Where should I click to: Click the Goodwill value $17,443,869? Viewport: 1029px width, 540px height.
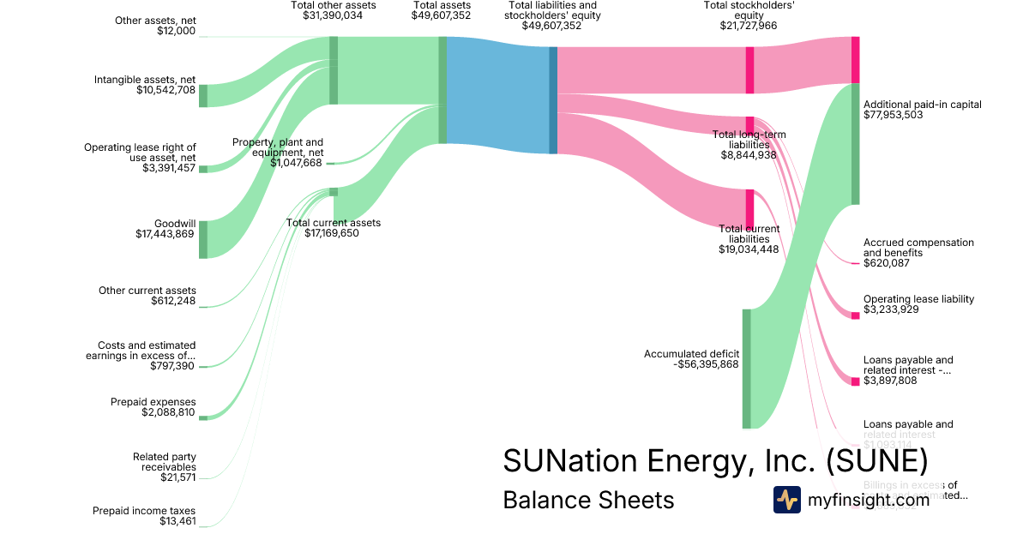tap(165, 233)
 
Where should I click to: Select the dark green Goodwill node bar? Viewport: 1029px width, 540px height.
tap(203, 239)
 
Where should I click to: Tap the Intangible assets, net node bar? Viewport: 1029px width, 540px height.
tap(203, 96)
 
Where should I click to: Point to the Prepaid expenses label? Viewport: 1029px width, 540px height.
tap(153, 402)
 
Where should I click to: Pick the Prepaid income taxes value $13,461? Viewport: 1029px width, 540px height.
tap(178, 521)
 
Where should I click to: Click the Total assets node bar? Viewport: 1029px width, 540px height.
tap(442, 90)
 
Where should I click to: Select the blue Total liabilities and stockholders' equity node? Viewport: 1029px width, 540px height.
tap(553, 100)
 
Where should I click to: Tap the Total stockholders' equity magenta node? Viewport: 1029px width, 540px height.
tap(749, 64)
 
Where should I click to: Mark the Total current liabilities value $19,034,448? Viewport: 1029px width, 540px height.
tap(749, 249)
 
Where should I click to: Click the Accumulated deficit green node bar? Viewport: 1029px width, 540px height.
tap(746, 369)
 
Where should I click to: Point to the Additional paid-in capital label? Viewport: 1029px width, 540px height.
tap(922, 105)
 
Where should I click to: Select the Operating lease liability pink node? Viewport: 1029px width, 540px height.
tap(855, 315)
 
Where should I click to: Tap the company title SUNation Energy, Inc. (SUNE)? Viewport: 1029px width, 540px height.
tap(714, 460)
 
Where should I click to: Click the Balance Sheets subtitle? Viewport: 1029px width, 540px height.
tap(588, 500)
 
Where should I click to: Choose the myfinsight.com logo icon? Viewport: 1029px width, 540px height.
tap(786, 499)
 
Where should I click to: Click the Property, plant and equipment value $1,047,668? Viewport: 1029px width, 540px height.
tap(296, 163)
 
